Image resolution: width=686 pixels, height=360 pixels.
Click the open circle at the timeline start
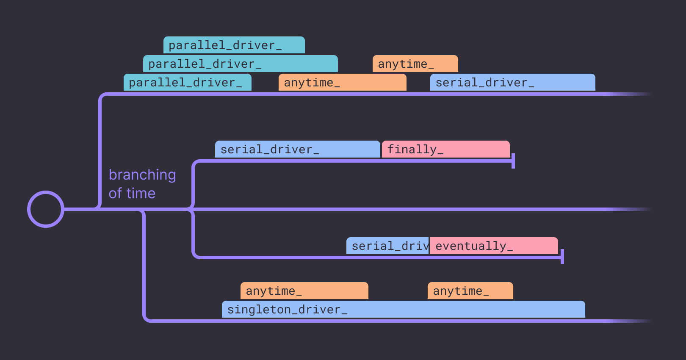click(x=46, y=209)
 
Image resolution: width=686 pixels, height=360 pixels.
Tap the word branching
click(x=142, y=175)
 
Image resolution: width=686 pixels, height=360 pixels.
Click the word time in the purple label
click(x=141, y=194)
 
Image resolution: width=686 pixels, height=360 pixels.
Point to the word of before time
click(x=116, y=194)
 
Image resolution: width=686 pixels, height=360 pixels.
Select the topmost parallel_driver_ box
click(x=234, y=45)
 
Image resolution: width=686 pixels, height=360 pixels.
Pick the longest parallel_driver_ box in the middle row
click(x=240, y=64)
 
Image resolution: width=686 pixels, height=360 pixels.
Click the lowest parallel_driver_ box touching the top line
click(x=187, y=82)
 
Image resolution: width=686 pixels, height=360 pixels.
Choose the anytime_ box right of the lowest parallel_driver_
click(x=342, y=82)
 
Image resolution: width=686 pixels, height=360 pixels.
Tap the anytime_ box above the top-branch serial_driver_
click(x=415, y=64)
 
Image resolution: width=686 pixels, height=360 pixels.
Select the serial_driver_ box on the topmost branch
click(x=512, y=82)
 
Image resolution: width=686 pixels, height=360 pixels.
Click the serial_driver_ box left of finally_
click(x=297, y=149)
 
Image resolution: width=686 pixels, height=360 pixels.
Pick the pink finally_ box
click(x=445, y=149)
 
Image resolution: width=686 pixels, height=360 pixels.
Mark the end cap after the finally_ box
click(x=513, y=161)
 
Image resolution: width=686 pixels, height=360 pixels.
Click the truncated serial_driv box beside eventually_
click(x=388, y=246)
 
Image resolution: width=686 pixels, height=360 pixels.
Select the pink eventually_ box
click(x=494, y=246)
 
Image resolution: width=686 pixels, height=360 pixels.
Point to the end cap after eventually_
click(x=562, y=257)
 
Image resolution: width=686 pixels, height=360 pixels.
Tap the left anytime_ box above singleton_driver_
click(x=304, y=291)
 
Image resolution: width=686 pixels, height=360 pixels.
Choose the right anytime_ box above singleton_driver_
click(x=470, y=291)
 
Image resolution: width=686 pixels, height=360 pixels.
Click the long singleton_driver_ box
click(x=403, y=309)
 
